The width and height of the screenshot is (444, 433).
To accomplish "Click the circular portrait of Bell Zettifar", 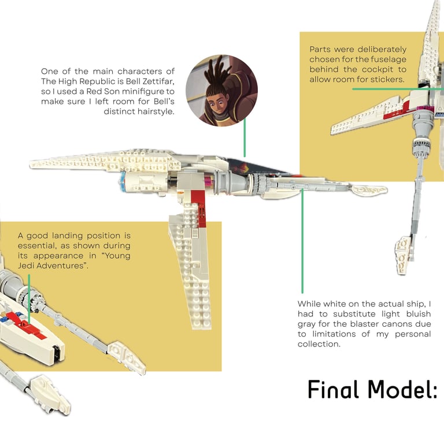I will (221, 89).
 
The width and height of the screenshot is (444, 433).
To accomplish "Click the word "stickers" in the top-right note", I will (385, 79).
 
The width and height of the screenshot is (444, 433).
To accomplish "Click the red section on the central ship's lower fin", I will (197, 204).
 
